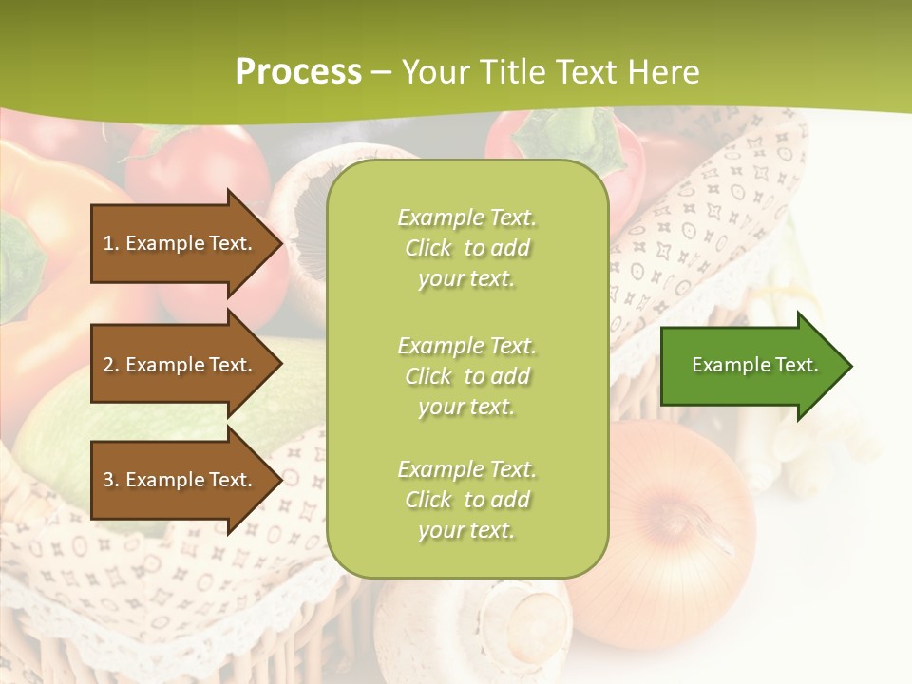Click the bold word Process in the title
click(x=298, y=72)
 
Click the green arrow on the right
click(x=750, y=365)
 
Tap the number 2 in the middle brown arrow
click(x=108, y=365)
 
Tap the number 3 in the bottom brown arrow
click(x=108, y=480)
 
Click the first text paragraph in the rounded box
click(x=466, y=248)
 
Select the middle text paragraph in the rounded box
click(x=466, y=376)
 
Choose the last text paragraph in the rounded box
click(x=466, y=500)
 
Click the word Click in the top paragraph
click(x=427, y=248)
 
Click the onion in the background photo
click(x=665, y=541)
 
